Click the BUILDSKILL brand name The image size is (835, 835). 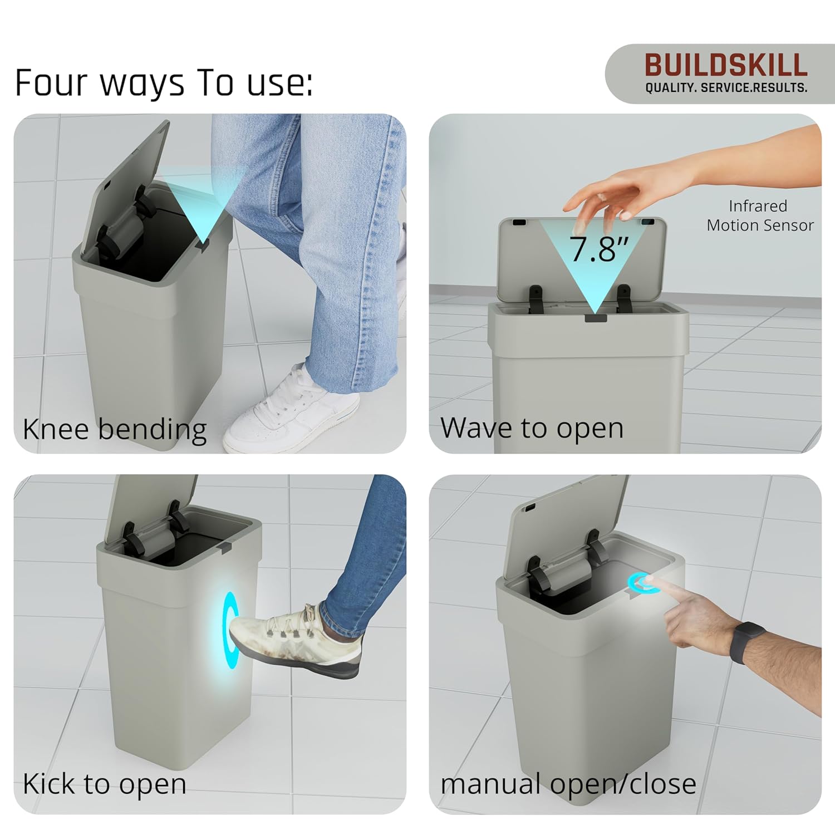tap(726, 66)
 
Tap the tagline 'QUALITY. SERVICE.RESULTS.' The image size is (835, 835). tap(726, 88)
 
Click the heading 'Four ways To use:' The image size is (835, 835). tap(163, 83)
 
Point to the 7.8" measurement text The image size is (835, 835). tap(598, 249)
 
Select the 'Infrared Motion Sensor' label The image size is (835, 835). tap(759, 216)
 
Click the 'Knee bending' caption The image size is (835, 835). tap(115, 429)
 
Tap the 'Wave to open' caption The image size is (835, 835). tap(532, 428)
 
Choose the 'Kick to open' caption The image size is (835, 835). tap(104, 784)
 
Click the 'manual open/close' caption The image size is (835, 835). tap(568, 784)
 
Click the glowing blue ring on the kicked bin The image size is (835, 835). tap(229, 629)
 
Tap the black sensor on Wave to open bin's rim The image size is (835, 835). tap(595, 318)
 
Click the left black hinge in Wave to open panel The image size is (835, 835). tap(536, 298)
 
